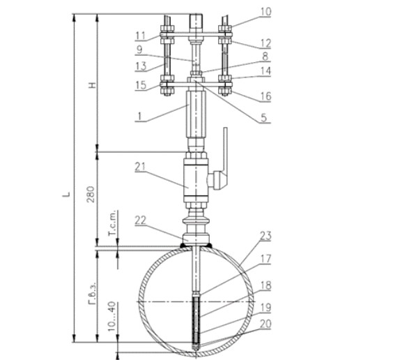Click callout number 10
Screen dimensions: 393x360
click(x=265, y=12)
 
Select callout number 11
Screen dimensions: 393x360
click(x=140, y=36)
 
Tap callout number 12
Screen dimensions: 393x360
click(x=265, y=43)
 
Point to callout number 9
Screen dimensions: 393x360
click(x=139, y=50)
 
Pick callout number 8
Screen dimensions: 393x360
click(x=265, y=57)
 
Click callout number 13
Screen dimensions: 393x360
click(x=141, y=66)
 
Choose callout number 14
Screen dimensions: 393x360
click(x=265, y=71)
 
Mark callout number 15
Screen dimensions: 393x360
click(x=141, y=85)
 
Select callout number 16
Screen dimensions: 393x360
click(x=265, y=96)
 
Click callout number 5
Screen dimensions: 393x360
click(x=263, y=117)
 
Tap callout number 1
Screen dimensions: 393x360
click(x=139, y=117)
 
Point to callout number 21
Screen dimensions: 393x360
click(x=140, y=167)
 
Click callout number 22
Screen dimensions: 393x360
click(x=140, y=220)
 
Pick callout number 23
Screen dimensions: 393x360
click(x=265, y=236)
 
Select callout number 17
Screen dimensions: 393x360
click(x=265, y=259)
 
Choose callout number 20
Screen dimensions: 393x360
click(x=265, y=324)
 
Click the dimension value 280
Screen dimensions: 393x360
click(x=91, y=194)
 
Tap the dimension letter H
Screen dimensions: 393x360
click(x=93, y=85)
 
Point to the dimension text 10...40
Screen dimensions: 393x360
click(x=112, y=316)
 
